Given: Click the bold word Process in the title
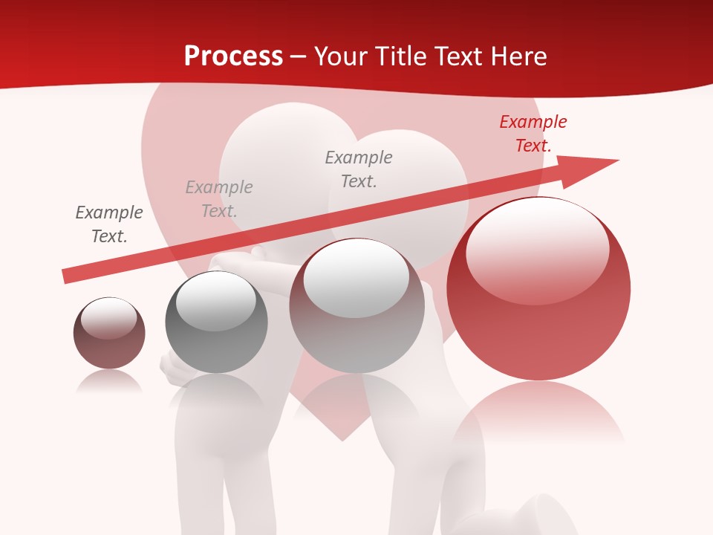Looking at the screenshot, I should (233, 56).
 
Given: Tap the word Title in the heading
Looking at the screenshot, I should (399, 56).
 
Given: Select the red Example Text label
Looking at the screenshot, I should (533, 134).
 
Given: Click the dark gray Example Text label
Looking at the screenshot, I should (109, 224).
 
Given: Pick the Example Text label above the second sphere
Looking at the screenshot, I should (219, 199).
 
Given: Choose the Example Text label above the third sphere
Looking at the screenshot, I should (359, 169).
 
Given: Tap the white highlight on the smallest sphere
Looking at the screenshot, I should (108, 318).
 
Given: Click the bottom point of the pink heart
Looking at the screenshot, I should (342, 439).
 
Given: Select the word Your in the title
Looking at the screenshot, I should (340, 56).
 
